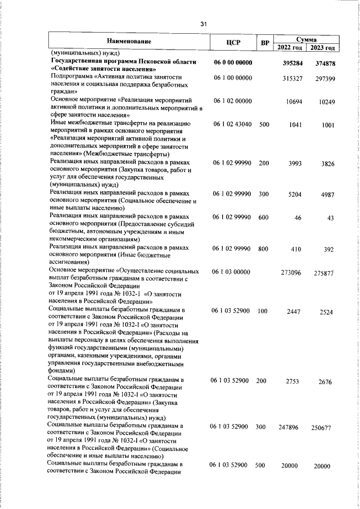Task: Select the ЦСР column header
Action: pos(232,43)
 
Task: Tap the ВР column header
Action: pos(265,43)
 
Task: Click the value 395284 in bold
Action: pos(292,64)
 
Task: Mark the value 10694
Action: pos(295,102)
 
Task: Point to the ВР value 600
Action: pos(264,216)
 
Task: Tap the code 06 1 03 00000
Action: pos(232,272)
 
